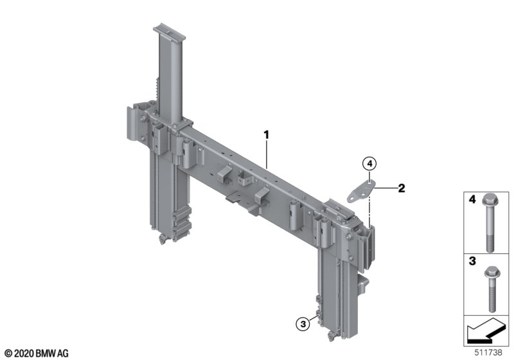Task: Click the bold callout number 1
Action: pos(267,135)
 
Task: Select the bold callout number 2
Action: pos(401,188)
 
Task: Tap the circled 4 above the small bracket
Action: pos(369,163)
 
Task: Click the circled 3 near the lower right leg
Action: pos(303,324)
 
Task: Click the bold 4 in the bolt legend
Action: pos(472,199)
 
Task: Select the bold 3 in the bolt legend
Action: pos(472,261)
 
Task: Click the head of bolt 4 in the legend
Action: pos(490,199)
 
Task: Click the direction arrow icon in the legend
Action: pos(486,330)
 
